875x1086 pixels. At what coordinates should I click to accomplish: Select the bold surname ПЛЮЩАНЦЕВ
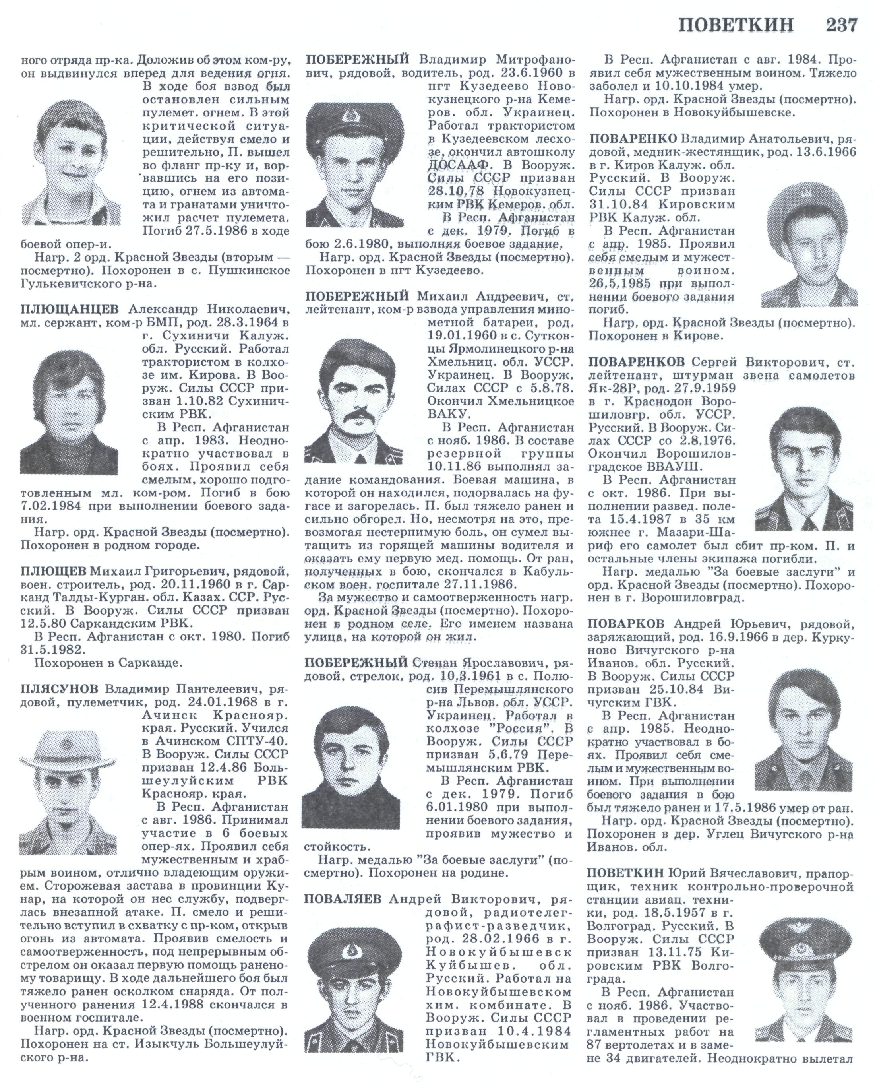tap(70, 308)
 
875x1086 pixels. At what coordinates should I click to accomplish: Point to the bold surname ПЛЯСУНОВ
tap(60, 689)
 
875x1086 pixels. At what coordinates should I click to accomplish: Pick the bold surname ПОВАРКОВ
tap(625, 624)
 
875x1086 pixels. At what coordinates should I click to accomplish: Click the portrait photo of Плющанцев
tap(69, 411)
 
